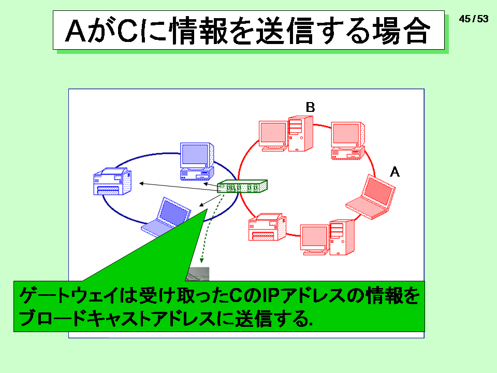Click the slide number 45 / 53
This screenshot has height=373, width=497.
tap(474, 19)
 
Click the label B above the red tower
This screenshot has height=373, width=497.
tap(310, 107)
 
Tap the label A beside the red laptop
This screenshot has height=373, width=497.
tap(394, 172)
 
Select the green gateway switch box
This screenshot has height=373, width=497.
tap(242, 186)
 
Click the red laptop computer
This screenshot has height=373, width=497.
tap(371, 197)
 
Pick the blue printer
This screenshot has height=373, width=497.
tap(112, 181)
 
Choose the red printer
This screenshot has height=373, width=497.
tap(267, 227)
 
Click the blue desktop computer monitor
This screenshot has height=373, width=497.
tap(197, 155)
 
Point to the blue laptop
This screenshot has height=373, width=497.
tap(166, 217)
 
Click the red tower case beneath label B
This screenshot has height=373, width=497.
tap(300, 134)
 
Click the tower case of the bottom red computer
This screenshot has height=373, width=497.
tap(342, 237)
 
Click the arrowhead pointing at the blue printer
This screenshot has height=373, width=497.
tap(141, 183)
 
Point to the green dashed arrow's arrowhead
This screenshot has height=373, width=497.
tap(201, 261)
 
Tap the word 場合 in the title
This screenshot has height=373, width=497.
tap(401, 31)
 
